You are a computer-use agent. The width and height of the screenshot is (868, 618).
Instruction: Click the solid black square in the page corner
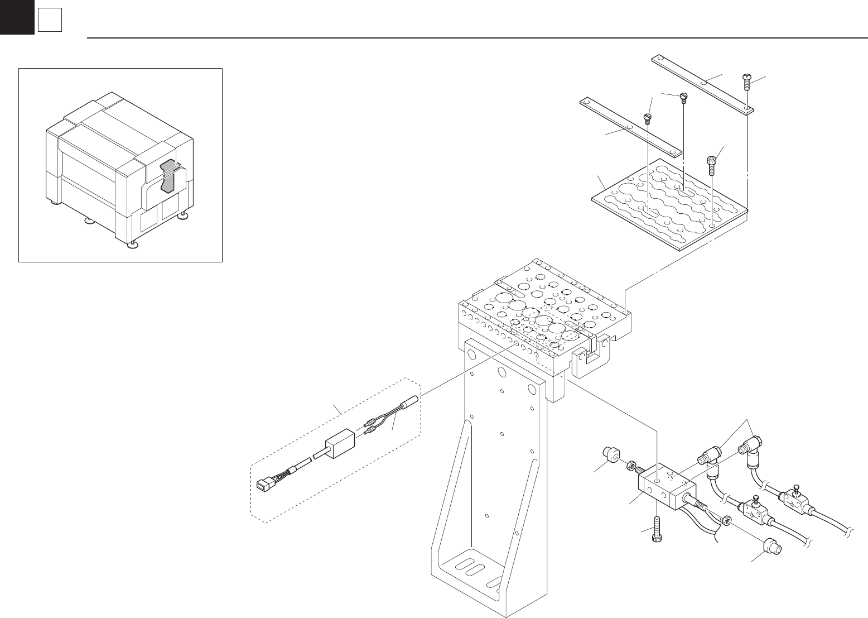17,17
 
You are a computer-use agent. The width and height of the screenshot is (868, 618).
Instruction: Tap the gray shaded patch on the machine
168,174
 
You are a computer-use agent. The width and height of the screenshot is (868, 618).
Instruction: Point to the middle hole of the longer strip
704,83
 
